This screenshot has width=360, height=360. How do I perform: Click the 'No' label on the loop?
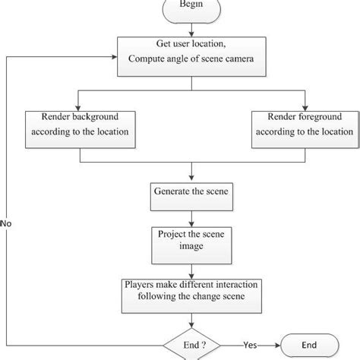point(6,225)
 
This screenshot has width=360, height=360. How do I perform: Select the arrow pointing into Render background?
point(79,100)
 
